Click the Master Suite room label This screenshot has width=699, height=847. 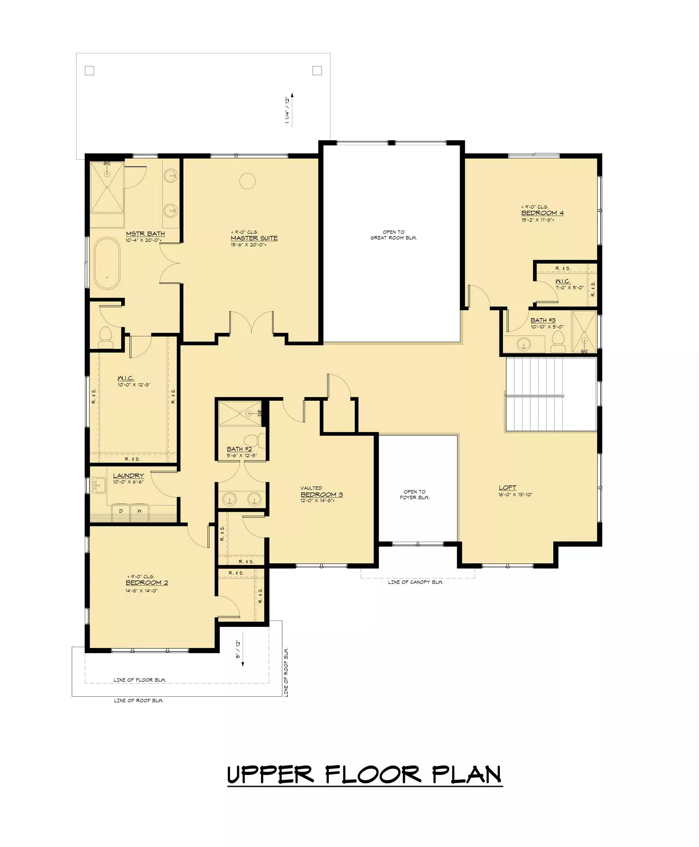pos(254,238)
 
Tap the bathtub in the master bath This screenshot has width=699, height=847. pos(107,263)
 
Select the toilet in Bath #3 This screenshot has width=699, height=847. pos(558,341)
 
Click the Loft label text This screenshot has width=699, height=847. pos(508,487)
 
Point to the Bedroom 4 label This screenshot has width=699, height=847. pos(542,213)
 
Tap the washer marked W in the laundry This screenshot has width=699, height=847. pos(139,512)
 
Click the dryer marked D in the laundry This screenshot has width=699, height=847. pos(121,512)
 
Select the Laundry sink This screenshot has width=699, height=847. pos(99,485)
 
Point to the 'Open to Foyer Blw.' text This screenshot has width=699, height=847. pos(415,495)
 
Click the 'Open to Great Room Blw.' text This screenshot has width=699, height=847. pos(394,235)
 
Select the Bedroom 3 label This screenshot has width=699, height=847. pos(322,495)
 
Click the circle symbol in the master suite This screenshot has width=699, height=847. pos(247,181)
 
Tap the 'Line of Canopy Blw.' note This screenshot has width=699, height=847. pos(416,582)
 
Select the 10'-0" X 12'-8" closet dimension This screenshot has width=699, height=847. pos(135,385)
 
